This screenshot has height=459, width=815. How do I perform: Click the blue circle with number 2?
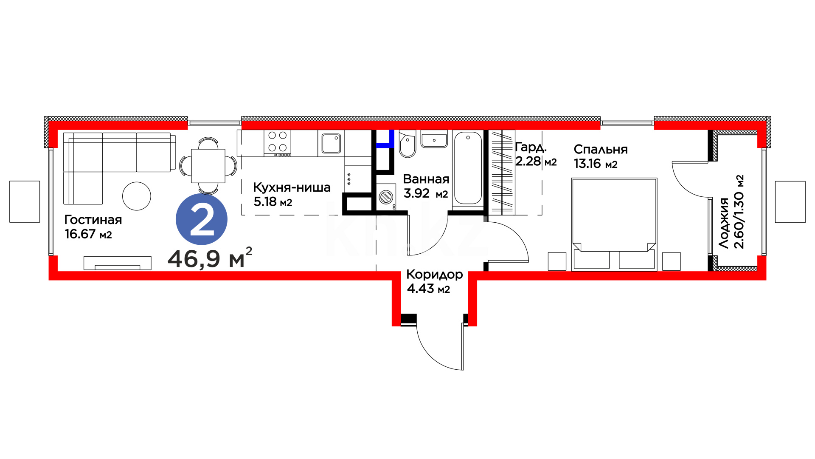click(x=202, y=219)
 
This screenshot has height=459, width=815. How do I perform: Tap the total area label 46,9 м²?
click(x=210, y=258)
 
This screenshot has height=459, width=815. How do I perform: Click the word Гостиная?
click(x=93, y=220)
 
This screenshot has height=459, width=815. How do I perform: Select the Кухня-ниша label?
click(x=292, y=187)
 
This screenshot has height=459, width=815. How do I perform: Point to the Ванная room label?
click(x=426, y=179)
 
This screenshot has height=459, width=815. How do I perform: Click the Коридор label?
click(x=435, y=275)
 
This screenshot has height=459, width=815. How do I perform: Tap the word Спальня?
click(x=601, y=150)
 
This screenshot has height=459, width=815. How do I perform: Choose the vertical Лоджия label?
click(x=724, y=223)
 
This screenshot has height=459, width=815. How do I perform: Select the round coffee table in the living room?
click(x=137, y=196)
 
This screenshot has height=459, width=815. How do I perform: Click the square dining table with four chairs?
click(x=208, y=166)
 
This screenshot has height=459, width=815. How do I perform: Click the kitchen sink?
click(x=331, y=143)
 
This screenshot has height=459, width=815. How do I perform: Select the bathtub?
click(x=468, y=168)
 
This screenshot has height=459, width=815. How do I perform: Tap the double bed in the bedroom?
click(x=614, y=224)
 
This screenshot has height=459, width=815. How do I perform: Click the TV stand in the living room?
click(x=118, y=263)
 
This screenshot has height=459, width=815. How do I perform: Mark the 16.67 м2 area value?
click(x=88, y=234)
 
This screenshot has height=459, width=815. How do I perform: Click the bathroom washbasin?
click(x=434, y=139)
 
